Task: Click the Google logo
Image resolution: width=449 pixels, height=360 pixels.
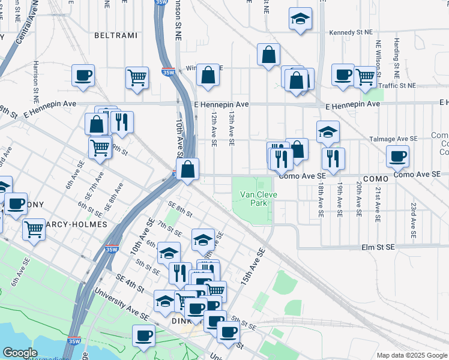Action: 20,353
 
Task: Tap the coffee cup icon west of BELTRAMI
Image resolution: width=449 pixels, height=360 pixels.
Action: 83,76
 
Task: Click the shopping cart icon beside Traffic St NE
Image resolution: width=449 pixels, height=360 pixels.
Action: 365,76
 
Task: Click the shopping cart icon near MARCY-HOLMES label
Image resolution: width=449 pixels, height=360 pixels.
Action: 34,229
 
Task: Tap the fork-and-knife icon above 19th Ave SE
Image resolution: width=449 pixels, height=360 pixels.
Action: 333,158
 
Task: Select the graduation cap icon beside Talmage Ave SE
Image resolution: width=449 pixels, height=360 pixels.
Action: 328,132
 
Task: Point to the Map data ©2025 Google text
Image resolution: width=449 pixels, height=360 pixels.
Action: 412,355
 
